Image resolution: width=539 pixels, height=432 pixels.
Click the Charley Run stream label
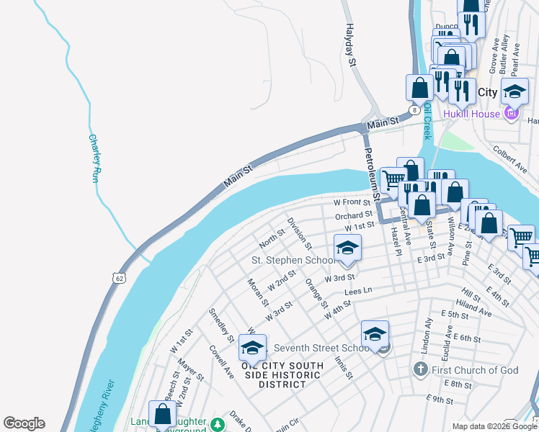coord(93,158)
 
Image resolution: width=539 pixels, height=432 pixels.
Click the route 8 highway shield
coord(414,110)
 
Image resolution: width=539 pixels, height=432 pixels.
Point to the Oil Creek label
coord(427,120)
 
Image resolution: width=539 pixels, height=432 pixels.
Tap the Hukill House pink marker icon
coord(512,113)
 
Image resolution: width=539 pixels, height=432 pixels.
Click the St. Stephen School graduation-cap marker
coord(347,248)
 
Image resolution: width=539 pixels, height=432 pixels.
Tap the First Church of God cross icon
coord(421,369)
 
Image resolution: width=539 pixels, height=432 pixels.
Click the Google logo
coord(24,423)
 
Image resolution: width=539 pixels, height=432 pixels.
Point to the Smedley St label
coord(221,325)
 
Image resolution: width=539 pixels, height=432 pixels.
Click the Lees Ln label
coord(357,291)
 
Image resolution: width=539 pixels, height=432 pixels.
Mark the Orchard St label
coord(353,215)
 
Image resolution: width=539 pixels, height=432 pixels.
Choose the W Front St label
coord(352,203)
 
